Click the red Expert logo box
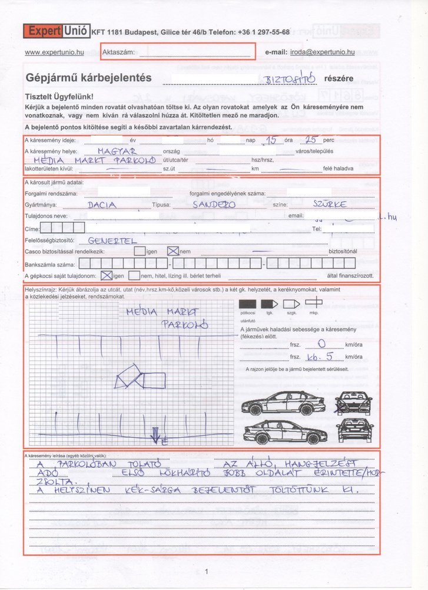(43, 31)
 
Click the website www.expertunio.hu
(55, 52)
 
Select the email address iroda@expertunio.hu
(322, 52)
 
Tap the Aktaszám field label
(118, 52)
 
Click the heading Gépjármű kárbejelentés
(89, 77)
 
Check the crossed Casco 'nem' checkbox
(173, 251)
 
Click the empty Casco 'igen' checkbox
(140, 251)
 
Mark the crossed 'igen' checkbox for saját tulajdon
(107, 275)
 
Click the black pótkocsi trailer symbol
(248, 302)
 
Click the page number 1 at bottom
(207, 571)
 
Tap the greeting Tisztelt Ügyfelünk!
(60, 96)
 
